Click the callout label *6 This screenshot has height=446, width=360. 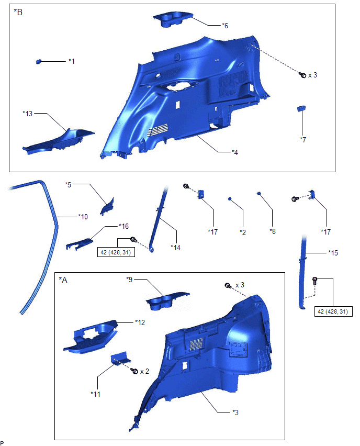[x=225, y=26]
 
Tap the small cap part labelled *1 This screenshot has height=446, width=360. [x=39, y=61]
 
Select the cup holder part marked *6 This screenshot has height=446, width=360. [x=172, y=19]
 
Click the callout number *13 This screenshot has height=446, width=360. [x=28, y=114]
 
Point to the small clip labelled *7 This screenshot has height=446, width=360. [x=301, y=108]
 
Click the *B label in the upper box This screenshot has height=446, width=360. [x=18, y=12]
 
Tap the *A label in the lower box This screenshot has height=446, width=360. [x=63, y=280]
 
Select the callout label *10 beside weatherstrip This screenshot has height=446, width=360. [x=83, y=217]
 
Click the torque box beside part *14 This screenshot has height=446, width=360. [x=116, y=252]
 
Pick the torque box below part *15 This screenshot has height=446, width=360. [x=333, y=311]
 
